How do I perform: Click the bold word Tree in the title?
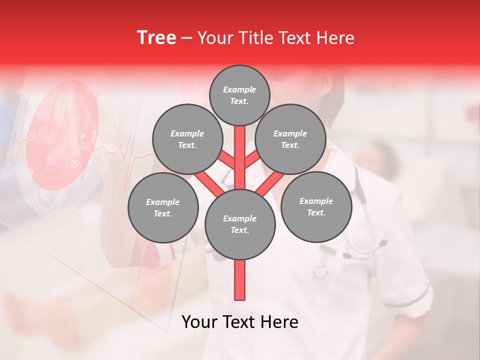(156, 38)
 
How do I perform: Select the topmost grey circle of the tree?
(239, 95)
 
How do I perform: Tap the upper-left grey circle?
(187, 139)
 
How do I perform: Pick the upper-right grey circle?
(290, 139)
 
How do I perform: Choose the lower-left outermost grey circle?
(163, 207)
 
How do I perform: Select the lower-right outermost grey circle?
(316, 206)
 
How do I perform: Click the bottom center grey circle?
(240, 224)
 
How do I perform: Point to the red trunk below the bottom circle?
(240, 280)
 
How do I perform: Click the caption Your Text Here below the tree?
(240, 322)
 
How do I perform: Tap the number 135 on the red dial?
(71, 163)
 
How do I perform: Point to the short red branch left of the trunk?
(226, 159)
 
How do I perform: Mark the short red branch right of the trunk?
(252, 159)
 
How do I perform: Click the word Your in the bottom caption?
(199, 322)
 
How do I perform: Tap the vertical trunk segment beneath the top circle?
(240, 150)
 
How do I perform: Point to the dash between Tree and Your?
(186, 38)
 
